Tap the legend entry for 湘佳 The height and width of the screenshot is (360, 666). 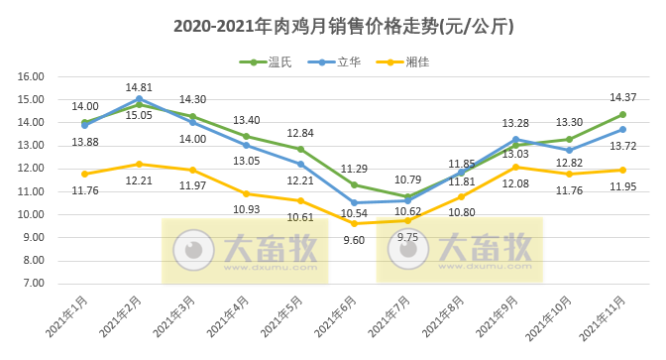[x=408, y=61]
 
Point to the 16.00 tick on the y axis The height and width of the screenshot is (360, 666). [x=32, y=76]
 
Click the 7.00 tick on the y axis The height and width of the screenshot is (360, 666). [x=32, y=284]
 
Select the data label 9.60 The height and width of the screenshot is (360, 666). [x=354, y=239]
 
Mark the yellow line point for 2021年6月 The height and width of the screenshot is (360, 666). [x=354, y=223]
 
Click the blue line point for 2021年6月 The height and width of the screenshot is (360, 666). [x=354, y=202]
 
